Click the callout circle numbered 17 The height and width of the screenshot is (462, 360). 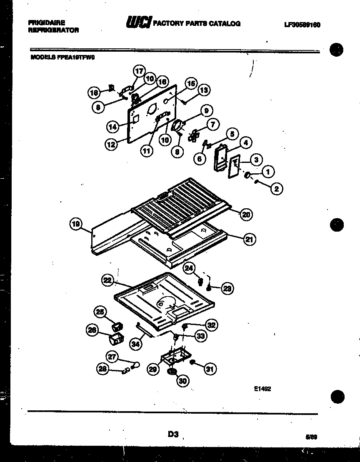tap(138, 71)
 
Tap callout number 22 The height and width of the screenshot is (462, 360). tap(107, 281)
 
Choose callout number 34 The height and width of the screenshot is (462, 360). tap(135, 344)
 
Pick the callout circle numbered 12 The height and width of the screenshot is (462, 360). tap(110, 145)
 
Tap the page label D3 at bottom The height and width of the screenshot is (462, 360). tap(173, 434)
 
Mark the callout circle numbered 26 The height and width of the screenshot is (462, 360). tap(92, 330)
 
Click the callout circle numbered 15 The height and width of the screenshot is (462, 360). tap(191, 83)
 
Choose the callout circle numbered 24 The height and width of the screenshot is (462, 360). tap(190, 269)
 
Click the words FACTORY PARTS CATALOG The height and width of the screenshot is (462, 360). tap(197, 24)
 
